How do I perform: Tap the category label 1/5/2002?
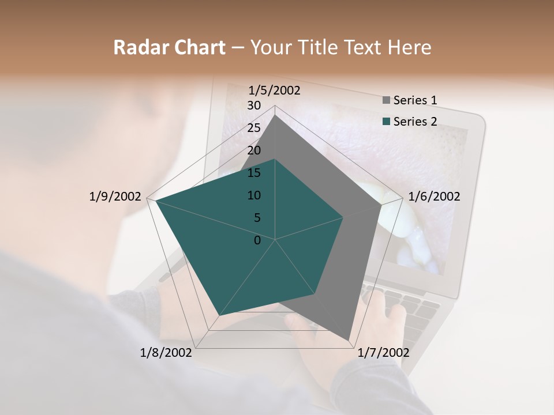[275, 90]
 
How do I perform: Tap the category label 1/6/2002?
[434, 197]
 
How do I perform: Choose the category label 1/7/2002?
[383, 353]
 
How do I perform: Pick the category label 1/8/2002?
[166, 353]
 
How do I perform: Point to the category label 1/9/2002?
[115, 197]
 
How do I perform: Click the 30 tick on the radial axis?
[254, 105]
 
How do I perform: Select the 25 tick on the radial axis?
[254, 128]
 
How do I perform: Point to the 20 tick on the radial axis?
[254, 150]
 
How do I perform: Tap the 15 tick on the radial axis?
[254, 173]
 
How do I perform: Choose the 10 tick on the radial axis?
[254, 195]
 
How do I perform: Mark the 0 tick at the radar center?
[257, 240]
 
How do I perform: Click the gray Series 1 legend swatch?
[386, 100]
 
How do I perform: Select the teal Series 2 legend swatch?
[386, 122]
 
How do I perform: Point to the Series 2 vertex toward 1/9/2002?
[156, 201]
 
